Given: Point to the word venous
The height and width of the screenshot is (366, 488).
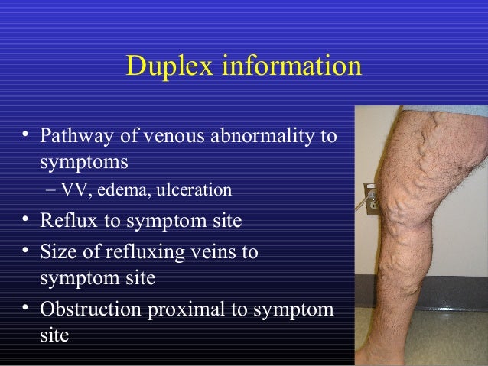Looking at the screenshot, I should click(x=164, y=138).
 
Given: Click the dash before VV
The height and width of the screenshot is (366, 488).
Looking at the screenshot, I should click(x=50, y=189).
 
